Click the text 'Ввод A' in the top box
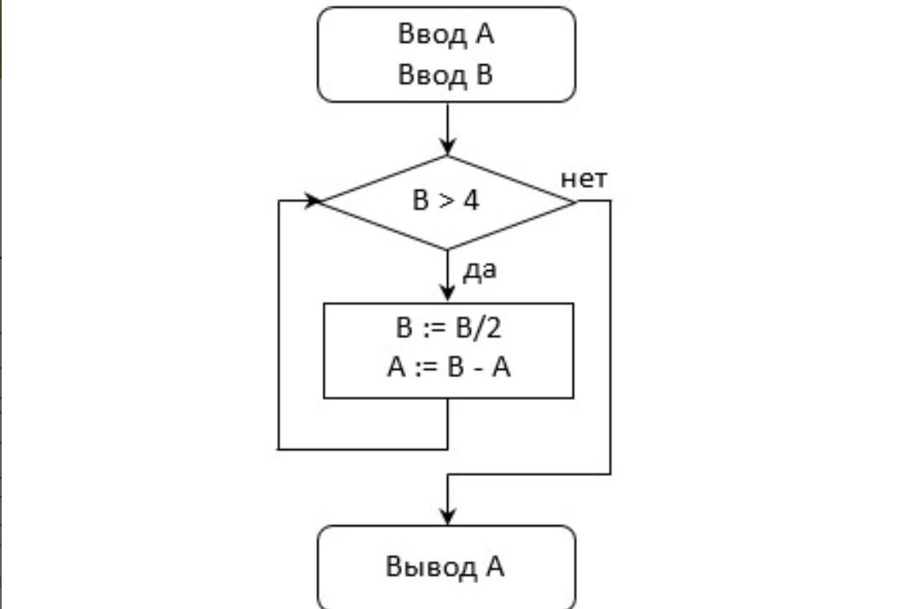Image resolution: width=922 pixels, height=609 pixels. [x=446, y=35]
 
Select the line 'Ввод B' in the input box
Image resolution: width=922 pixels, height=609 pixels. [x=446, y=75]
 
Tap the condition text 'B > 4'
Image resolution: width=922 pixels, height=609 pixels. [x=446, y=202]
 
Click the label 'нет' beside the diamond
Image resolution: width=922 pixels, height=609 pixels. [x=584, y=179]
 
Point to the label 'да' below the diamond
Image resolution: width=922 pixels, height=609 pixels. [x=479, y=269]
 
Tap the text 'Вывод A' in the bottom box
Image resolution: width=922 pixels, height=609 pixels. [x=445, y=566]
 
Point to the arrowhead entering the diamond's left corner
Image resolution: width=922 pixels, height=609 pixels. [x=314, y=201]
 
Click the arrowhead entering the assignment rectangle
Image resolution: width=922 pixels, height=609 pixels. [x=448, y=294]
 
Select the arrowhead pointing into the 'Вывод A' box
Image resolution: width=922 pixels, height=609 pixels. [x=448, y=516]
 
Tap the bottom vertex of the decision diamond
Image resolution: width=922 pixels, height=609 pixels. [x=448, y=249]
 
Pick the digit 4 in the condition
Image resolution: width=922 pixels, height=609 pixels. [x=472, y=202]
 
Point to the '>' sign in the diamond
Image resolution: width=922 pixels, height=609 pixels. [x=446, y=202]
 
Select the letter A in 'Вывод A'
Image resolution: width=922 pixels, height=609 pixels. [x=494, y=566]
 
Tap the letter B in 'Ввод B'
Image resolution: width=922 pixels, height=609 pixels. [x=485, y=75]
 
